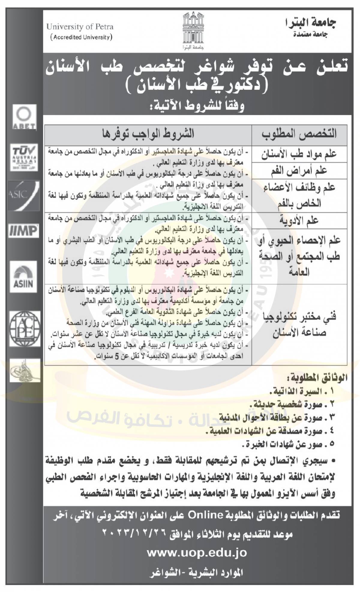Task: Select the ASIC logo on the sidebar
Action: pyautogui.click(x=23, y=195)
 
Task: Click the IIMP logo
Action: pyautogui.click(x=24, y=231)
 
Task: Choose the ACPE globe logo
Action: pyautogui.click(x=25, y=328)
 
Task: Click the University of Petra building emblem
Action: pyautogui.click(x=193, y=31)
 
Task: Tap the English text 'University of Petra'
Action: pyautogui.click(x=80, y=27)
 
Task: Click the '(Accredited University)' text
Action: pyautogui.click(x=81, y=37)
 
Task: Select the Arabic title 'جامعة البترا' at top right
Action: pyautogui.click(x=311, y=23)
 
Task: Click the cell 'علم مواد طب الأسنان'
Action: pyautogui.click(x=299, y=155)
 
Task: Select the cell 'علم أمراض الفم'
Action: pyautogui.click(x=299, y=171)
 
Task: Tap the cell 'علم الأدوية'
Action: pyautogui.click(x=299, y=221)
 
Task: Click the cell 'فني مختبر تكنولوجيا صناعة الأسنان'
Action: pyautogui.click(x=299, y=325)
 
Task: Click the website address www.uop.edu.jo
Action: pyautogui.click(x=196, y=553)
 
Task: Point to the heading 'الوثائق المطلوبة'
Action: pyautogui.click(x=318, y=377)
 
